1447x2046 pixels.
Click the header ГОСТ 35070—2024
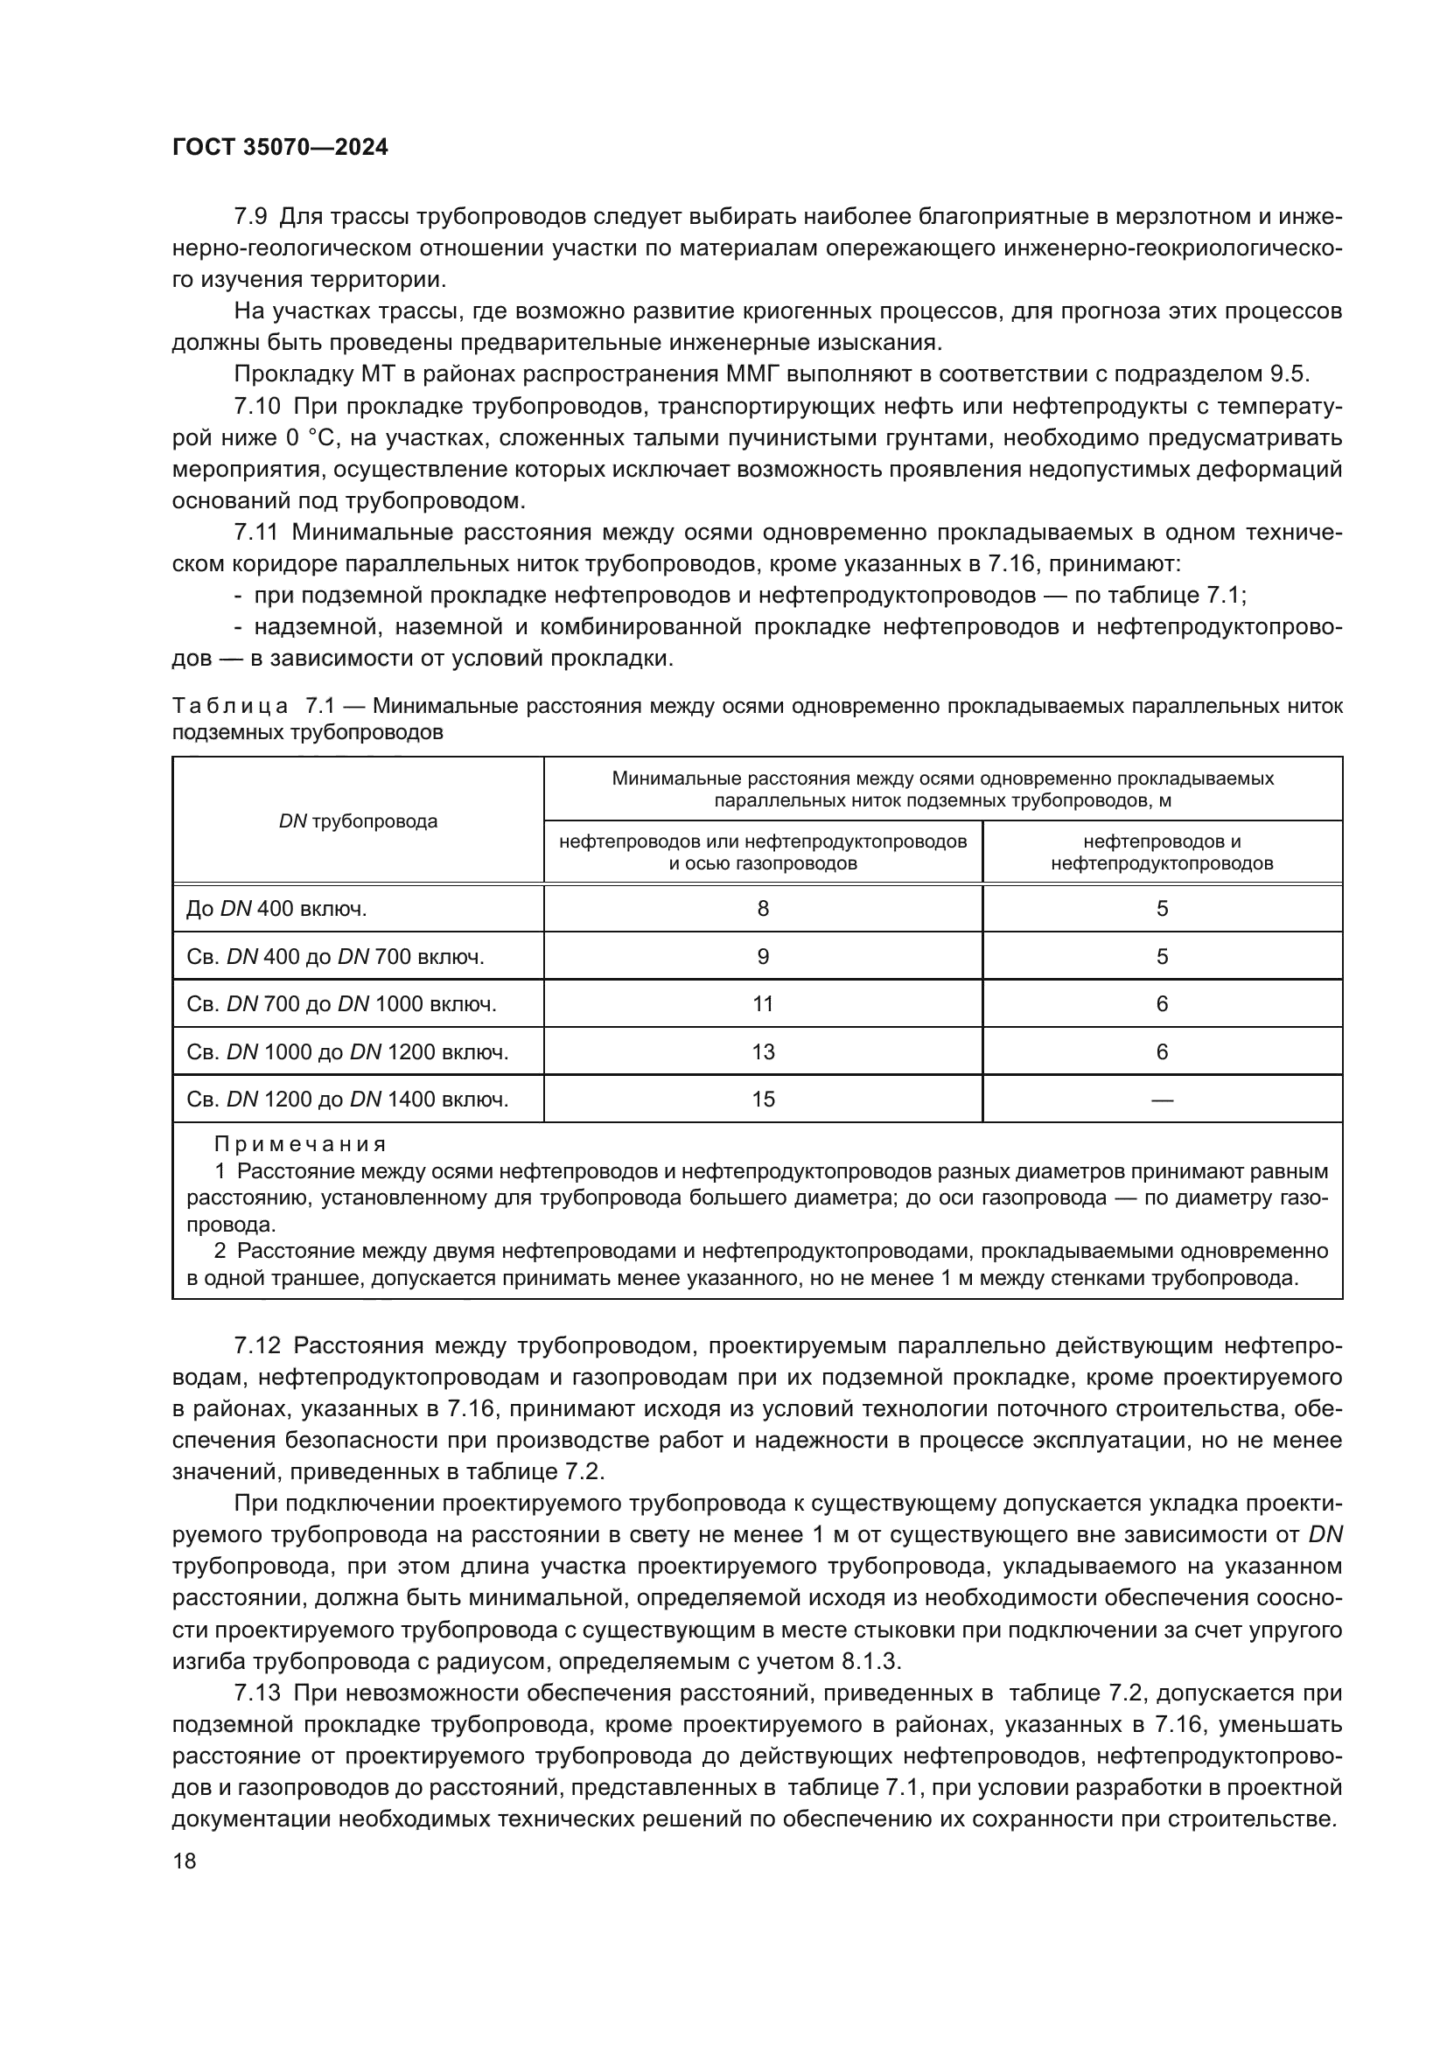pyautogui.click(x=280, y=148)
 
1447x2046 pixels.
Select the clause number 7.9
pyautogui.click(x=250, y=217)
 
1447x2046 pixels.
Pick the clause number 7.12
pyautogui.click(x=257, y=1344)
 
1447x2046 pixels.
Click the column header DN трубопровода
pyautogui.click(x=358, y=820)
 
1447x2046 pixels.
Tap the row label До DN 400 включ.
pyautogui.click(x=277, y=909)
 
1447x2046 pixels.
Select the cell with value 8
pyautogui.click(x=763, y=909)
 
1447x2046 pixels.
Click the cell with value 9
pyautogui.click(x=763, y=957)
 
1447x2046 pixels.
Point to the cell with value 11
pyautogui.click(x=763, y=1004)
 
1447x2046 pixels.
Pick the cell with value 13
pyautogui.click(x=763, y=1052)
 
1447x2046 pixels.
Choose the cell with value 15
pyautogui.click(x=763, y=1100)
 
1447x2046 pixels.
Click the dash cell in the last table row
pyautogui.click(x=1162, y=1100)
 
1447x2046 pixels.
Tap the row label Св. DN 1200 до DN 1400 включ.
pyautogui.click(x=347, y=1100)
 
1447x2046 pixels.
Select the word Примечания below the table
pyautogui.click(x=300, y=1144)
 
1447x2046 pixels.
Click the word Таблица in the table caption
pyautogui.click(x=230, y=707)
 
